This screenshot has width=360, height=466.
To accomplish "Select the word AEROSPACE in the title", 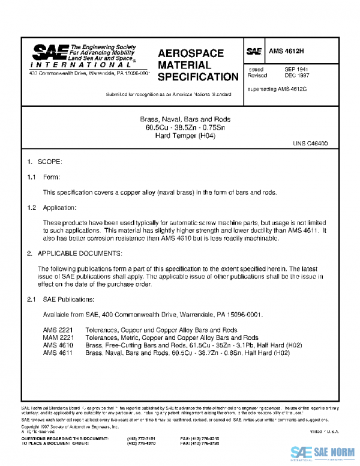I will click(x=191, y=53).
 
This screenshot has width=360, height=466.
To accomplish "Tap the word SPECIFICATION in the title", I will click(x=198, y=77).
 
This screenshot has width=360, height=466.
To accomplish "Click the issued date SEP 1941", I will click(x=296, y=70).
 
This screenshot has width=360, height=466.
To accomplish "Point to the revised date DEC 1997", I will click(x=296, y=77).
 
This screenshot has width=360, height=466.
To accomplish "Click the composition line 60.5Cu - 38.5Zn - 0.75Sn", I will click(x=181, y=127).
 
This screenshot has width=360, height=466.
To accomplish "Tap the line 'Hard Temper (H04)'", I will click(x=181, y=135).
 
